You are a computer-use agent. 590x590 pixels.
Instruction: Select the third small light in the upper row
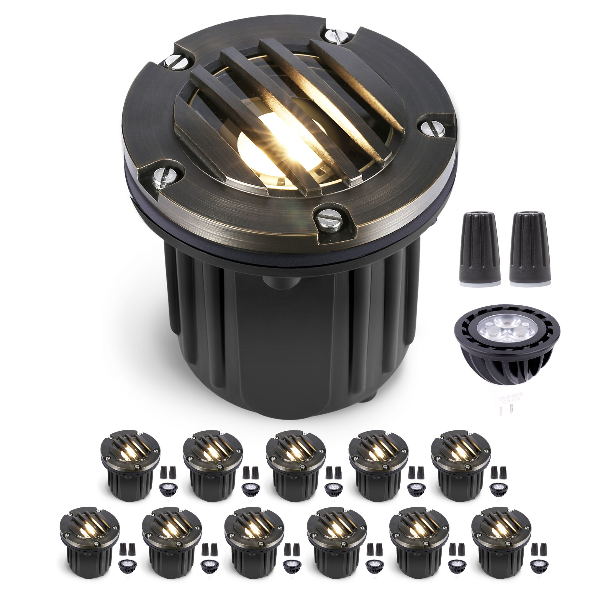tap(295, 464)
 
